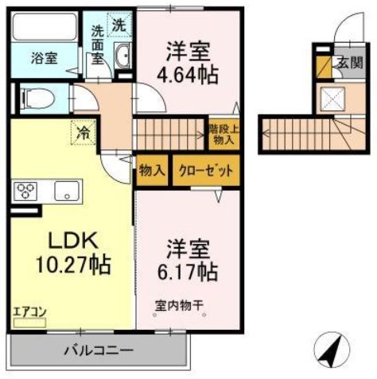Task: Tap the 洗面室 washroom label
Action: click(98, 45)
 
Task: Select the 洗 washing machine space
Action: click(118, 25)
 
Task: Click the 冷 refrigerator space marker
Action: click(83, 132)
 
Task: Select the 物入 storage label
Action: click(151, 170)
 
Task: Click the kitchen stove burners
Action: click(26, 191)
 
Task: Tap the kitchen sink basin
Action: click(65, 191)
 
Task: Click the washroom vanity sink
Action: click(124, 56)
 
